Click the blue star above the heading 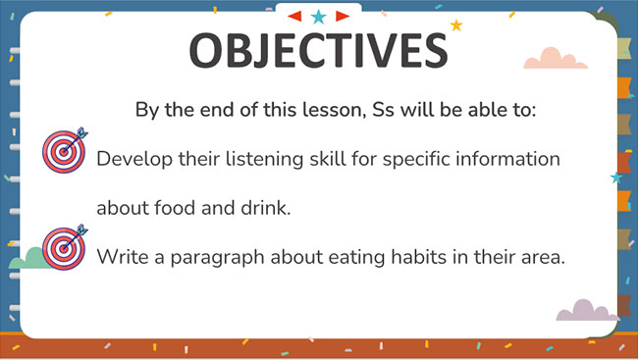318,16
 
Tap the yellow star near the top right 455,25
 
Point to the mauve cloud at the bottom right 587,311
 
